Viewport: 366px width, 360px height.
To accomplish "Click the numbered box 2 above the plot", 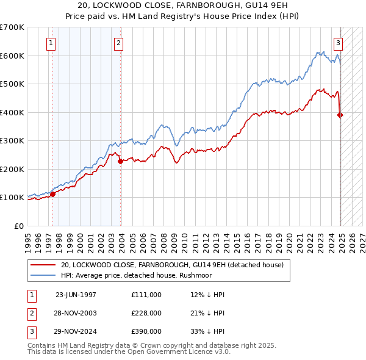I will [x=118, y=43].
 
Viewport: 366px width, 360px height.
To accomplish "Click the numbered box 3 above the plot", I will [x=337, y=43].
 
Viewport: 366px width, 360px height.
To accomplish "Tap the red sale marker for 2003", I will [x=121, y=161].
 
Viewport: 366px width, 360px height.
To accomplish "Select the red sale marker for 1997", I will [x=52, y=194].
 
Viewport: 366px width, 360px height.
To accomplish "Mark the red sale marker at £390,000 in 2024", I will [x=340, y=115].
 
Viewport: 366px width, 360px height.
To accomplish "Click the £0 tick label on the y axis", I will [x=20, y=226].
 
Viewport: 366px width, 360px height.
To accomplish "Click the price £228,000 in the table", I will [x=146, y=313].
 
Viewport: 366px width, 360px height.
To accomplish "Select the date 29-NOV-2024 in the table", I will [x=76, y=332].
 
